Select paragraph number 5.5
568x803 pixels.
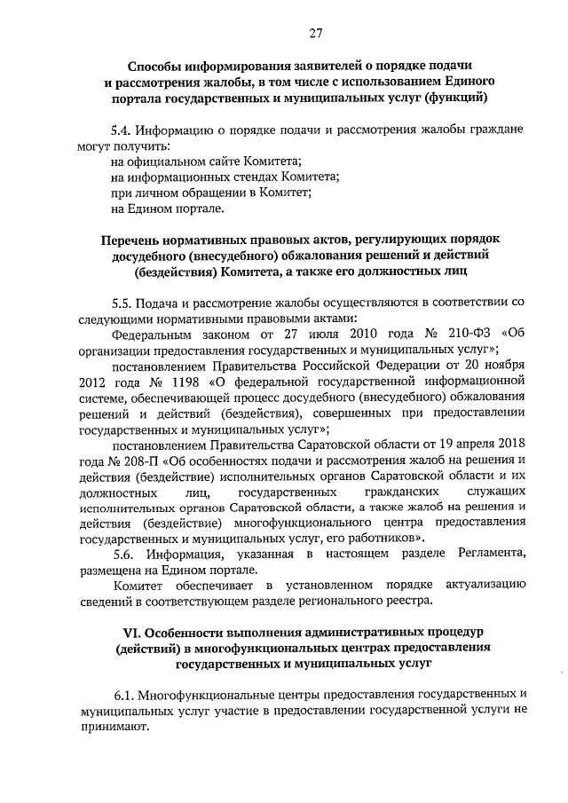(123, 302)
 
